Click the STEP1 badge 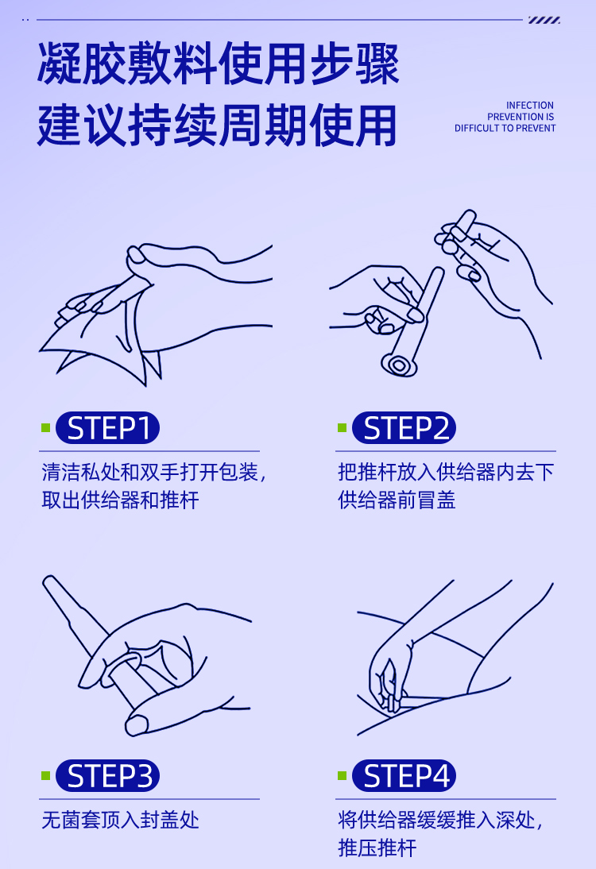click(107, 428)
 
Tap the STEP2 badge click(404, 428)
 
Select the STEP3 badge click(107, 775)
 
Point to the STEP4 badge click(404, 775)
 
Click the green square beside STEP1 click(46, 428)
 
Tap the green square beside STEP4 click(342, 775)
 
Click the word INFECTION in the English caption click(529, 106)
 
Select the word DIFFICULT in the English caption click(476, 128)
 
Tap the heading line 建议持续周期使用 click(217, 126)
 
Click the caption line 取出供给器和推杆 click(120, 500)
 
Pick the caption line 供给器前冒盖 click(397, 500)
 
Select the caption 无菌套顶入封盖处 click(120, 820)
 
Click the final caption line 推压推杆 click(377, 848)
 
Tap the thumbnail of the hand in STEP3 click(137, 724)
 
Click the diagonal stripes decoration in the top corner click(544, 20)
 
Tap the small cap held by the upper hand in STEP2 click(459, 232)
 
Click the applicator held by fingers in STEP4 click(391, 686)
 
